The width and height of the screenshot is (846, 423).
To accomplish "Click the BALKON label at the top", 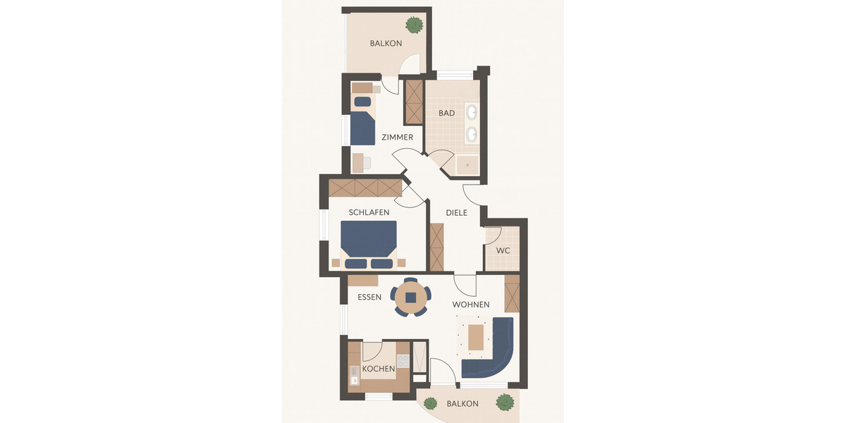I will [x=386, y=44].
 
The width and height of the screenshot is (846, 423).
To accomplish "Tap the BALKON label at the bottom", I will [x=462, y=404].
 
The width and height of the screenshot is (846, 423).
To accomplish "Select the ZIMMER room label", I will [x=397, y=137].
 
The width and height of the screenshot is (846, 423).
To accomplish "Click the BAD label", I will [x=446, y=113].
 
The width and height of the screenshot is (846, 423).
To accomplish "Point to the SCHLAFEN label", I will [x=369, y=212].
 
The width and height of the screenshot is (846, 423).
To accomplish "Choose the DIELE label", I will [x=456, y=213].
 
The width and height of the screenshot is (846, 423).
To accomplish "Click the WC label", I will [x=503, y=251].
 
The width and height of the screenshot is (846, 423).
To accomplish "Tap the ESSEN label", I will [x=369, y=298].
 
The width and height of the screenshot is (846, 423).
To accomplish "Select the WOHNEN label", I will [x=471, y=305].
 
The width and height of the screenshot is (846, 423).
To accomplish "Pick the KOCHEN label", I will [x=379, y=369].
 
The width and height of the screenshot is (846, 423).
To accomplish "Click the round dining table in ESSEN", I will [x=411, y=298].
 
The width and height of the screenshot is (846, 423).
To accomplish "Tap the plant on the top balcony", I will [x=414, y=25].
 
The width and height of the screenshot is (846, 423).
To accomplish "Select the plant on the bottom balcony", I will [x=505, y=403].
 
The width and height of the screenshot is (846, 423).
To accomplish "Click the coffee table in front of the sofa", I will [x=477, y=336].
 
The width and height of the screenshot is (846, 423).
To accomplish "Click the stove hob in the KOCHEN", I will [x=403, y=361].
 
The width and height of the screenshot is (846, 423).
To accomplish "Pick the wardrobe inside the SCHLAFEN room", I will [x=364, y=188].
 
